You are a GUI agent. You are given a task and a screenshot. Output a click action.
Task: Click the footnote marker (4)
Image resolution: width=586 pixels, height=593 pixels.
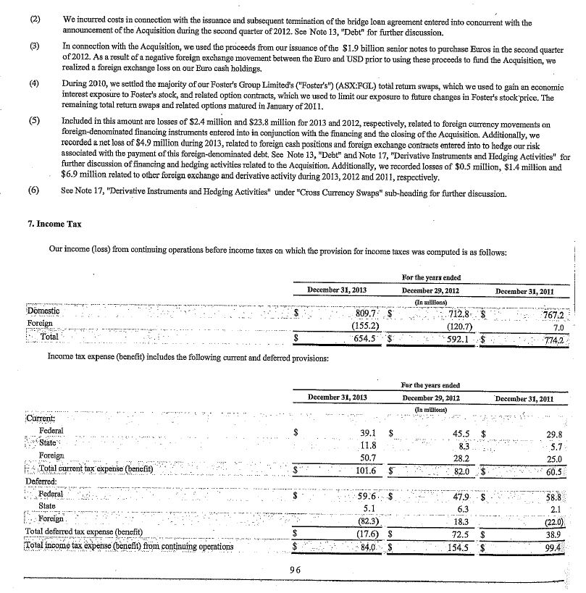point(33,83)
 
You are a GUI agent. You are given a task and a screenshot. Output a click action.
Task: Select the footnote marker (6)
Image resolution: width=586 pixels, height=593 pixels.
point(33,194)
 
